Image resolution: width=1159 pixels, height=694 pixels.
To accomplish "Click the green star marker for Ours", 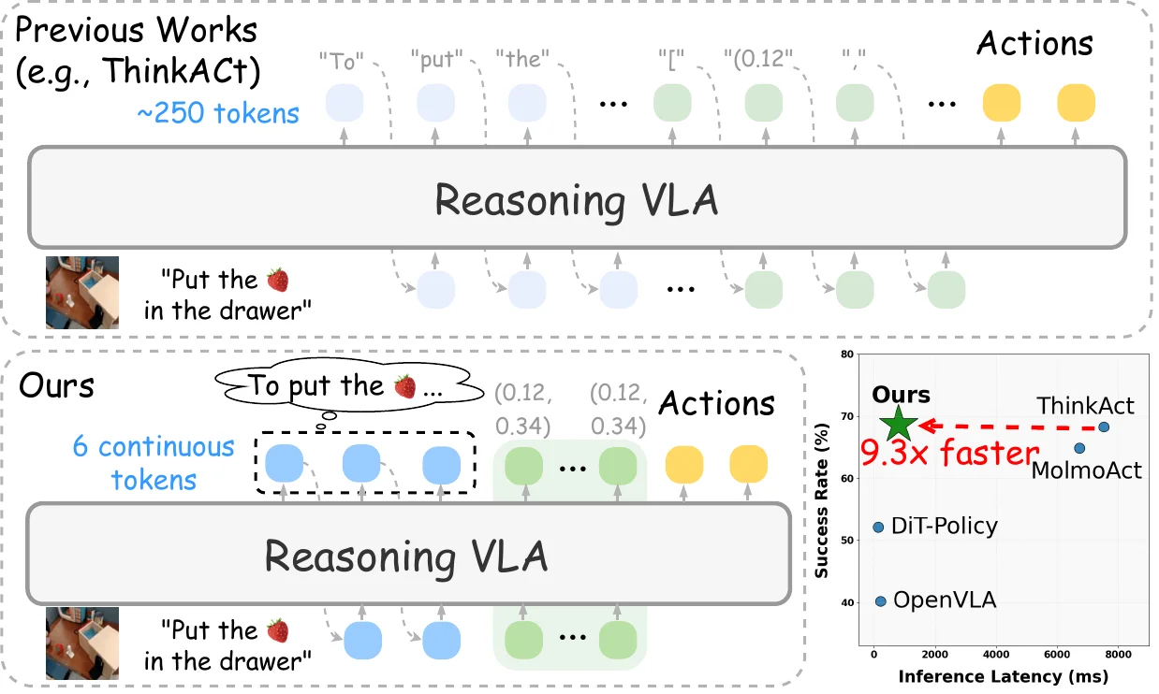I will pos(899,424).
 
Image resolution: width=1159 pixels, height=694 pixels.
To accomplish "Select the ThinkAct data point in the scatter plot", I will pos(1104,427).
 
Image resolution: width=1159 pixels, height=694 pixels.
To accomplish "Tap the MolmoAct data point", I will pos(1079,448).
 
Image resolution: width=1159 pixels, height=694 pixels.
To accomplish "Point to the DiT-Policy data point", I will pos(878,528).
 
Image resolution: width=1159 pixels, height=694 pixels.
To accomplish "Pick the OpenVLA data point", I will pos(880,600).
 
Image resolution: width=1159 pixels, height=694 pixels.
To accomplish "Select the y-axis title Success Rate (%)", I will pos(821,504).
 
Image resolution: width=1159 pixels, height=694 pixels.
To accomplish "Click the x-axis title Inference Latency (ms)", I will pos(1003,675).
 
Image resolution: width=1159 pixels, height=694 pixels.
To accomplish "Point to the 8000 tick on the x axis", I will pos(1118,654).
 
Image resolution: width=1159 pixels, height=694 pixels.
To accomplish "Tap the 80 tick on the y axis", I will pos(845,354).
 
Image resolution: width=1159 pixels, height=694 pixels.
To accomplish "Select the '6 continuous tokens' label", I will pos(154,463).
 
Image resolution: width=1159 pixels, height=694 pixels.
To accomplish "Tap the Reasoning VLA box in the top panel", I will pos(576,199).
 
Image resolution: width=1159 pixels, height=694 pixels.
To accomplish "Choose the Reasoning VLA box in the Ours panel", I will pos(405,555).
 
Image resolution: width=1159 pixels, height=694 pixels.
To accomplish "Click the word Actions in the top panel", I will pos(1034,43).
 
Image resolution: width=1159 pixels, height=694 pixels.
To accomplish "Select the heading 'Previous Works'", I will pos(137,30).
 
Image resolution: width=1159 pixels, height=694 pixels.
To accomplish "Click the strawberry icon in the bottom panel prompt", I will pos(278,632).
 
